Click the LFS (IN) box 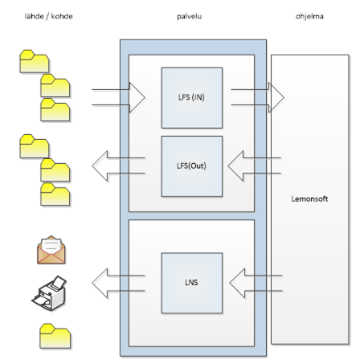point(192,98)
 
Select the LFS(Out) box point(192,166)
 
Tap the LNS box point(192,283)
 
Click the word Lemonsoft point(309,198)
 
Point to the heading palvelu point(189,16)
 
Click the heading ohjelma point(309,16)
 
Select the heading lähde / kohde point(48,16)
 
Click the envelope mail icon point(51,250)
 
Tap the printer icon point(49,293)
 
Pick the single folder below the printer point(55,336)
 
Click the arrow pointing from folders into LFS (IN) point(119,97)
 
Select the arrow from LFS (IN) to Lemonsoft point(258,97)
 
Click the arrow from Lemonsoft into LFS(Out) point(254,166)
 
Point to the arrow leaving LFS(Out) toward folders point(118,166)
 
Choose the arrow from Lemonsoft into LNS point(256,283)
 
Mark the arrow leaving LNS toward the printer point(118,283)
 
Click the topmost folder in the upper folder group point(35,61)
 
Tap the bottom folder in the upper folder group point(55,110)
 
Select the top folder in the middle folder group point(35,146)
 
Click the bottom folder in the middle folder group point(55,194)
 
